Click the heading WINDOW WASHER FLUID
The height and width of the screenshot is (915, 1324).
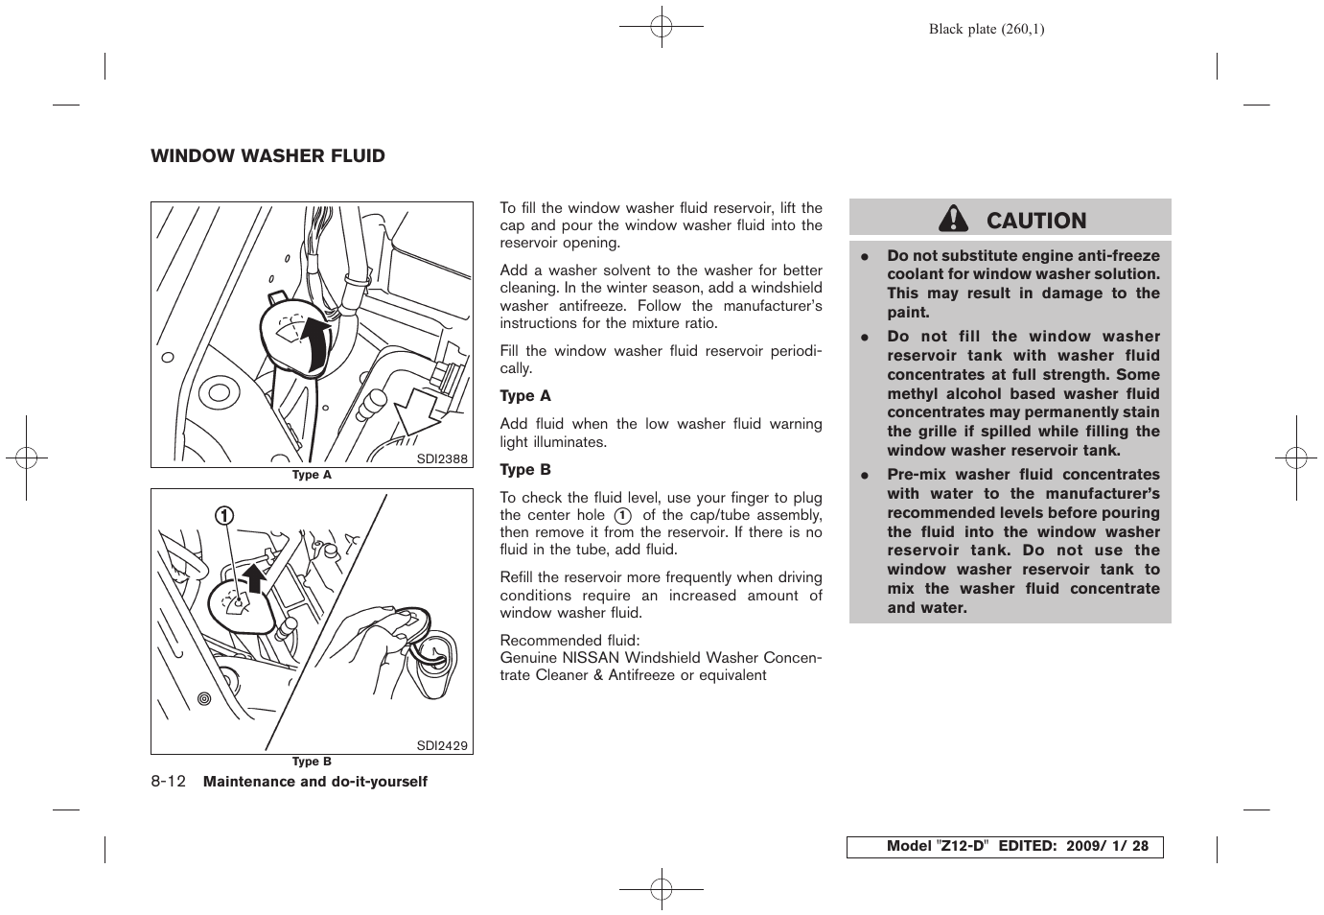tap(267, 156)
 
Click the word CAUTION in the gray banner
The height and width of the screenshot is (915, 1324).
tap(1035, 221)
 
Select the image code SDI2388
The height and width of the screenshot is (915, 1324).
tap(442, 459)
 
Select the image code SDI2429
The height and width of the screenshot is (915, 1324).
tap(442, 745)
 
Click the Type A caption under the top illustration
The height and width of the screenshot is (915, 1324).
tap(312, 475)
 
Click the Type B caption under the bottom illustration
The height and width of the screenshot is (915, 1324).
tap(312, 762)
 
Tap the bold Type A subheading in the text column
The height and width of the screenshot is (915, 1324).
tap(525, 396)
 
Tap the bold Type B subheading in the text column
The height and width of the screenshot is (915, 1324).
tap(525, 470)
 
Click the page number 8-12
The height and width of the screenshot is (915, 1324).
tap(168, 782)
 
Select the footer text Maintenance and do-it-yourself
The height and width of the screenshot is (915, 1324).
tap(315, 782)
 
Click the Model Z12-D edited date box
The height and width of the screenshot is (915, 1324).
tap(1004, 847)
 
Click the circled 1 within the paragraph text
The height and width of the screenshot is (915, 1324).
tap(622, 515)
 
